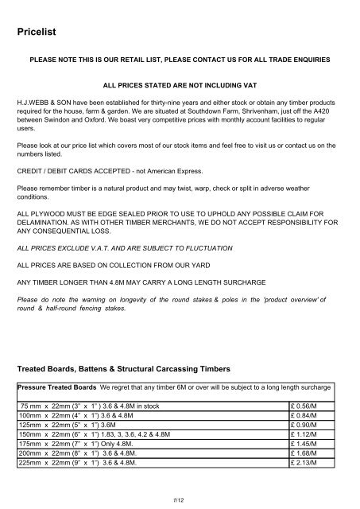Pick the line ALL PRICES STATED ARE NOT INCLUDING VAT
click(179, 83)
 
